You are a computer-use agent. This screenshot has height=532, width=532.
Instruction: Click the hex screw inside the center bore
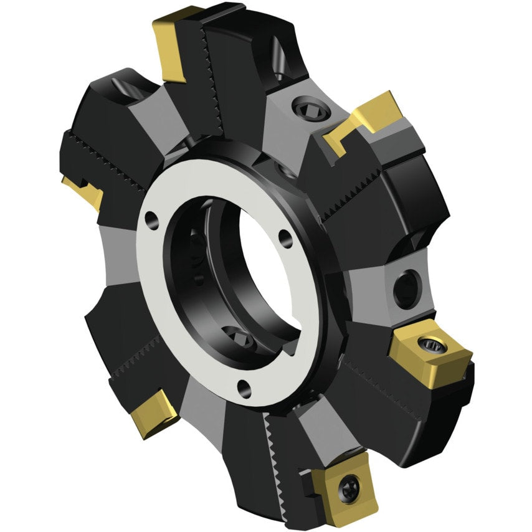239,340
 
